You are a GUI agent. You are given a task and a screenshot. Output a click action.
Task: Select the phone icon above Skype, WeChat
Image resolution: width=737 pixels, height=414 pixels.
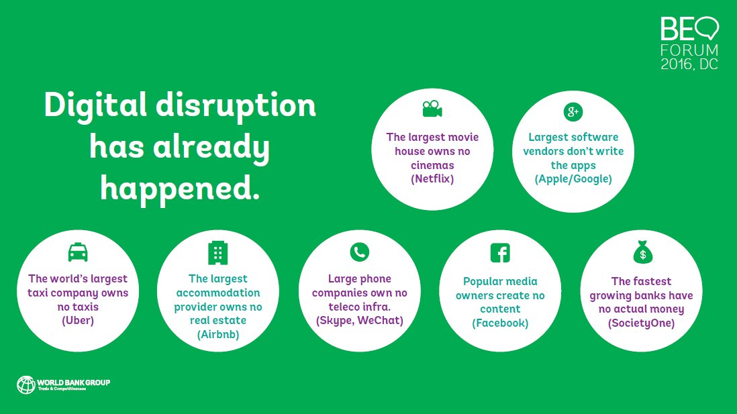coord(359,252)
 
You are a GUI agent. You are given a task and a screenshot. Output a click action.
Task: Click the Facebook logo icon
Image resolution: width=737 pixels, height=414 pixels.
coord(500,253)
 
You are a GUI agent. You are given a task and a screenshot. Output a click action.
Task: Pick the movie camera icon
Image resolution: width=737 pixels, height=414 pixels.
coord(432,109)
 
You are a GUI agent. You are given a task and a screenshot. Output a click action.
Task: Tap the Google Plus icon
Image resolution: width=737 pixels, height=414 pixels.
coord(573,111)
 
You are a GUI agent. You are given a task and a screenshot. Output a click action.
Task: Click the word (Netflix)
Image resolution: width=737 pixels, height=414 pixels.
coord(432,179)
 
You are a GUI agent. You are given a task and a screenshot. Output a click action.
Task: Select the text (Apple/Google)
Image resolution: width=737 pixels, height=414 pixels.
coord(573,179)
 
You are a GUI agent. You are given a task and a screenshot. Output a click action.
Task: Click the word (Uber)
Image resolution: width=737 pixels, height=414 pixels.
coord(78,320)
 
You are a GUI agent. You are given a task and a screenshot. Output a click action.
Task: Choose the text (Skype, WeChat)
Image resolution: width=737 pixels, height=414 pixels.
coord(359,321)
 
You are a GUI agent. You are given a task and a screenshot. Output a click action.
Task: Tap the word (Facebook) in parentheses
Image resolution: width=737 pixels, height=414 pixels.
coord(500,323)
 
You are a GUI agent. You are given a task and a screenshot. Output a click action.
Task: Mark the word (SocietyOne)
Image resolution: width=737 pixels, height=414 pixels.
coord(641,323)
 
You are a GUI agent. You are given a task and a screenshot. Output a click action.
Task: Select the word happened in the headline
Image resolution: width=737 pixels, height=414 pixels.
coord(179,189)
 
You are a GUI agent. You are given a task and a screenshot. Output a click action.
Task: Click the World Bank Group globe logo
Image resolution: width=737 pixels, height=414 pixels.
coord(26,384)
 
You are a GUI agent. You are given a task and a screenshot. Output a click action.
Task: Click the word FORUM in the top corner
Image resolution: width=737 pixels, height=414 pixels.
coord(689,50)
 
